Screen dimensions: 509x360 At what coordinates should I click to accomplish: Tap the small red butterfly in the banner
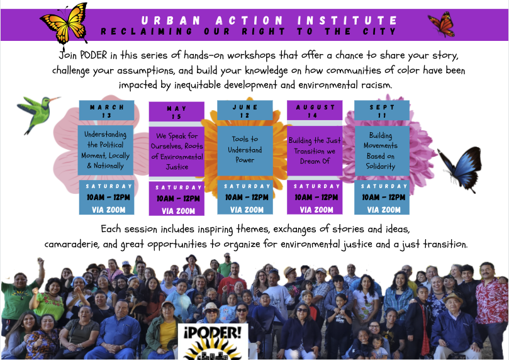(442, 24)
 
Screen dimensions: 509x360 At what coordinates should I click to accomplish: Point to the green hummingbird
(38, 113)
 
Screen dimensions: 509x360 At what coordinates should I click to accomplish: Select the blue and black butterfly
(461, 169)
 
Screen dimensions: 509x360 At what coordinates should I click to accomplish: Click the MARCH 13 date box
(106, 111)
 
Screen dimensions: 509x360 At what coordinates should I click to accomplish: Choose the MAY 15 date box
(177, 112)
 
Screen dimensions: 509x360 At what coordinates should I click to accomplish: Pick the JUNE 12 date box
(245, 111)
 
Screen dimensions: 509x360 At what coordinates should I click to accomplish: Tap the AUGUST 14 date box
(315, 111)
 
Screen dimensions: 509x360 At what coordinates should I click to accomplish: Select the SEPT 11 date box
(382, 111)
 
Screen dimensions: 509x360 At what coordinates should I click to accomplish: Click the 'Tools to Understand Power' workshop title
(245, 150)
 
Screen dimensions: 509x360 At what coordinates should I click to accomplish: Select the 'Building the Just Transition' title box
(315, 150)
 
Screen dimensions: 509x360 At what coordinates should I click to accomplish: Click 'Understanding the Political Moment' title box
(106, 150)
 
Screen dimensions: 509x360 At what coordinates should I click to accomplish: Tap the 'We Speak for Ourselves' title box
(177, 152)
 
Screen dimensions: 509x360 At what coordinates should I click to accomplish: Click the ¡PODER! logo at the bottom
(213, 342)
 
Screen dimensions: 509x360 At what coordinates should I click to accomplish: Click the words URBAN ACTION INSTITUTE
(269, 20)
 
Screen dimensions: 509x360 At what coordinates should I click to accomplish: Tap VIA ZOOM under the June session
(247, 210)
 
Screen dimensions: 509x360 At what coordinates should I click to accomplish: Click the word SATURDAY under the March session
(109, 186)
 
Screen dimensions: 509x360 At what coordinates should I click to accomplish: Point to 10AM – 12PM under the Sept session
(384, 198)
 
